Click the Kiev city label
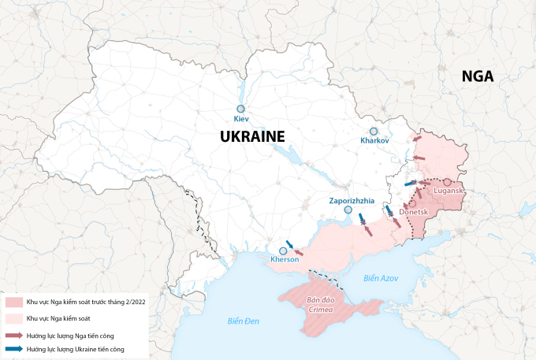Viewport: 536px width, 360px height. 241,119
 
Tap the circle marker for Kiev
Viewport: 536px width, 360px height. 241,109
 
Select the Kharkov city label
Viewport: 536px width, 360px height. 374,140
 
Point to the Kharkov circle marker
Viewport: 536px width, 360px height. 374,131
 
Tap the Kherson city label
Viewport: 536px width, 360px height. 285,259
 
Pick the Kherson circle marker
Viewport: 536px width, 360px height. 283,251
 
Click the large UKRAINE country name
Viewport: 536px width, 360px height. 251,136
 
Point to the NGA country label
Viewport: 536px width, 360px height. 478,76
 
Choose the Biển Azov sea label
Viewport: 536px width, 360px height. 382,278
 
